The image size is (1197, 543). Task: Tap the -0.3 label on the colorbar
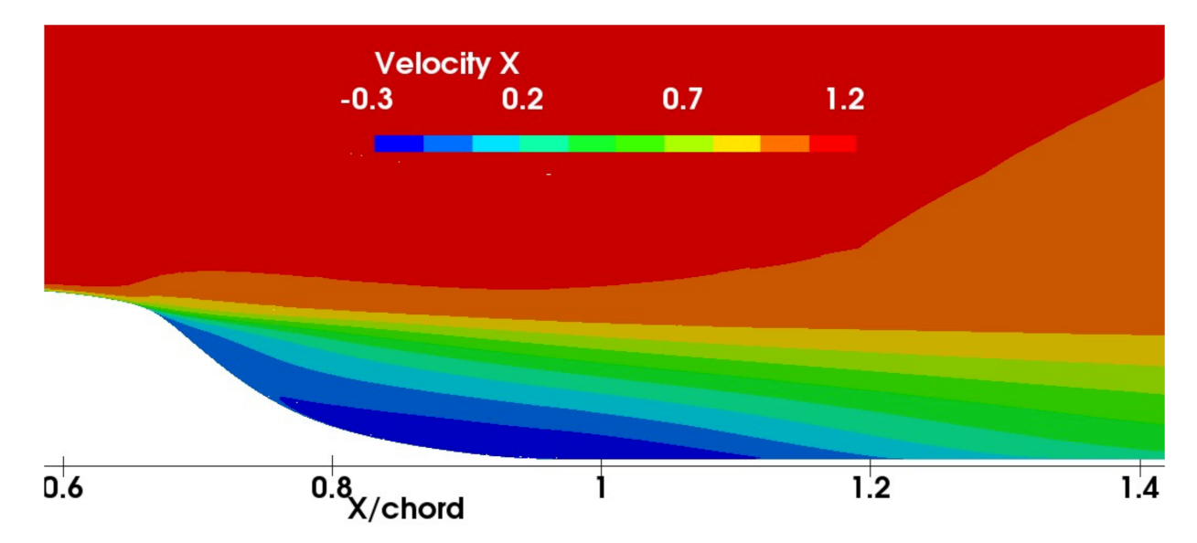(366, 100)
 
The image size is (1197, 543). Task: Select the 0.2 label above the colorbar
(522, 100)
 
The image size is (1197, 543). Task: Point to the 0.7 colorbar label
(682, 100)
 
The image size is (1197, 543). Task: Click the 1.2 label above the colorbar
(844, 100)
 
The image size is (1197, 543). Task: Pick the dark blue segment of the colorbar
(399, 144)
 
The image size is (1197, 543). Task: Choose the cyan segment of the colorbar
(496, 144)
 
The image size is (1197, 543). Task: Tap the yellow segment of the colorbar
(736, 144)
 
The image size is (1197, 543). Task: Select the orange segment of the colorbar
(785, 144)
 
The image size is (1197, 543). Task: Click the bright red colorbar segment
(833, 144)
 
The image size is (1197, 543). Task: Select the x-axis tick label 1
(601, 488)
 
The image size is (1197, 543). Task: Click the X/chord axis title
(405, 509)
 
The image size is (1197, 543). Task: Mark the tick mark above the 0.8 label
(332, 465)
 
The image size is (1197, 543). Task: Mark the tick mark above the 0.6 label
(63, 465)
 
